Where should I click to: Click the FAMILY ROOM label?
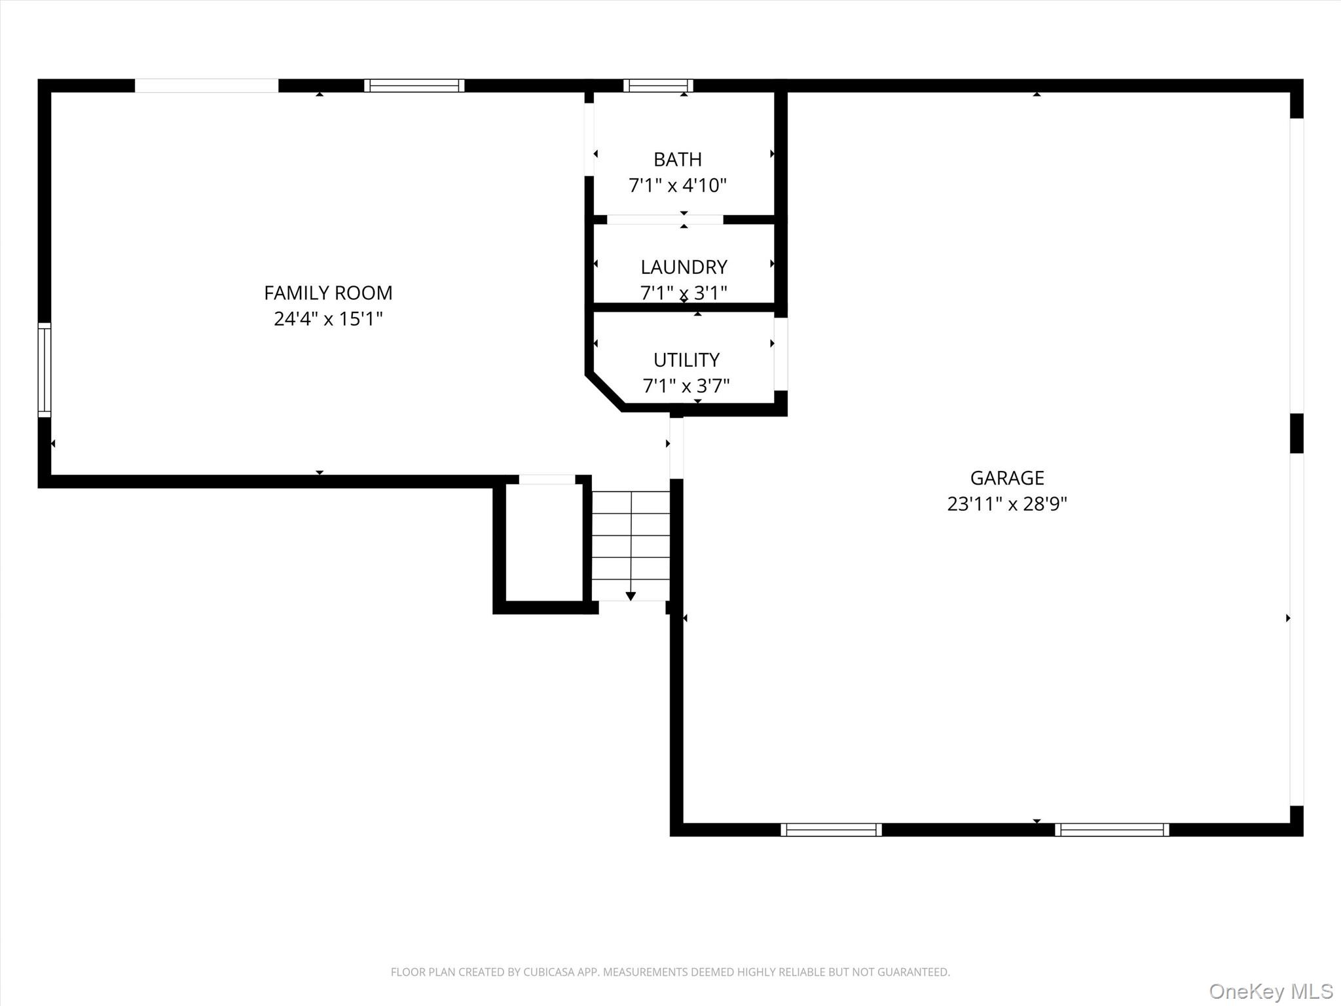pos(328,293)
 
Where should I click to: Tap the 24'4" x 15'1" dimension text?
pos(328,319)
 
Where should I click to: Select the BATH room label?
pos(678,159)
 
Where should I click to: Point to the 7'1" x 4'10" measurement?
pos(678,185)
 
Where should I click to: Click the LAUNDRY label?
pos(684,267)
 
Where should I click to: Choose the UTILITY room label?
pos(686,360)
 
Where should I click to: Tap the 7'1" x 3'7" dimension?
pos(686,386)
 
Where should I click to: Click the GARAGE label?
pos(1007,477)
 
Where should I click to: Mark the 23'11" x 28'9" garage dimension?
pos(1007,504)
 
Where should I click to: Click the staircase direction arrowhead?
pos(631,596)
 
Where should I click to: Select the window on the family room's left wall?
pos(45,369)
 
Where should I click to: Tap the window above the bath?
pos(658,85)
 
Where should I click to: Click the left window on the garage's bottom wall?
pos(831,830)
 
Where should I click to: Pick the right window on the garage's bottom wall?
pos(1112,830)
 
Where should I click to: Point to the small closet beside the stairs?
pos(545,542)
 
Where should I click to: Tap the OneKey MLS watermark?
pos(1271,991)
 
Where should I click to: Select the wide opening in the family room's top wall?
pos(207,85)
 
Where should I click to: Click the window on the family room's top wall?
pos(414,85)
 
